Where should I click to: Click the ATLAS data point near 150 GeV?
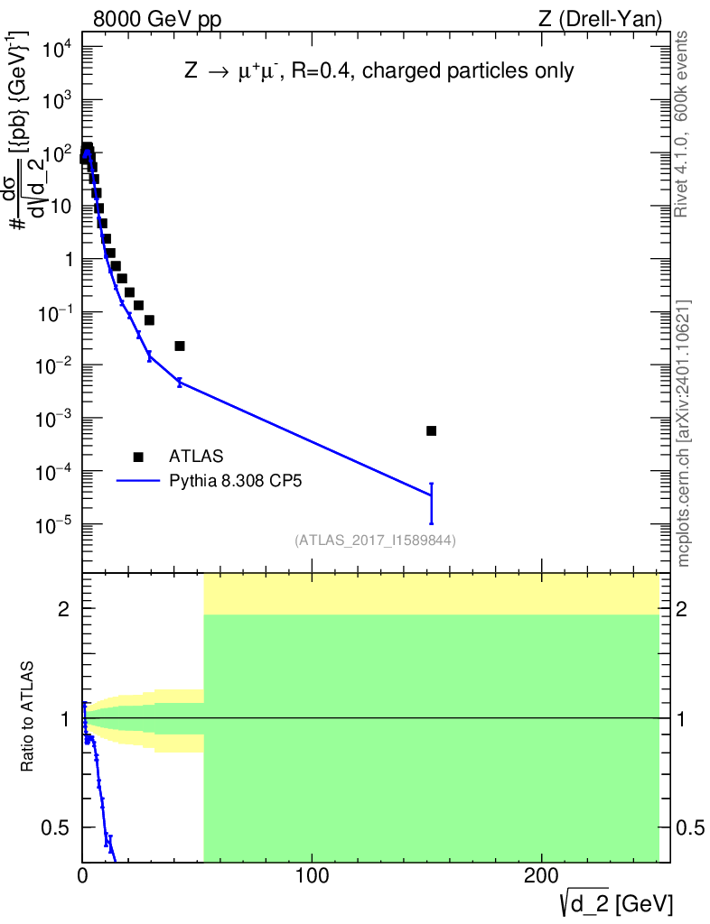coord(431,430)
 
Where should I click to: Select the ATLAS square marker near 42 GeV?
coord(180,346)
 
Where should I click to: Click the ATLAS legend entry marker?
coord(138,457)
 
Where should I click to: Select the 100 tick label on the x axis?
coord(312,875)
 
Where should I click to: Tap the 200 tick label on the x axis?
coord(540,875)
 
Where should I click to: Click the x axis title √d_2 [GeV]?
coord(615,902)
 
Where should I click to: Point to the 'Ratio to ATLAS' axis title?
coord(28,717)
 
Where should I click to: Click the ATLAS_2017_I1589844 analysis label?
coord(375,541)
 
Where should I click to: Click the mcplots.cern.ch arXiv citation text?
coord(684,433)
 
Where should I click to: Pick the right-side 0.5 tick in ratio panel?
coord(691,827)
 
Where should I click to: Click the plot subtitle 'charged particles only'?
coord(480,71)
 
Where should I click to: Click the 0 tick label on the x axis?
coord(83,875)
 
